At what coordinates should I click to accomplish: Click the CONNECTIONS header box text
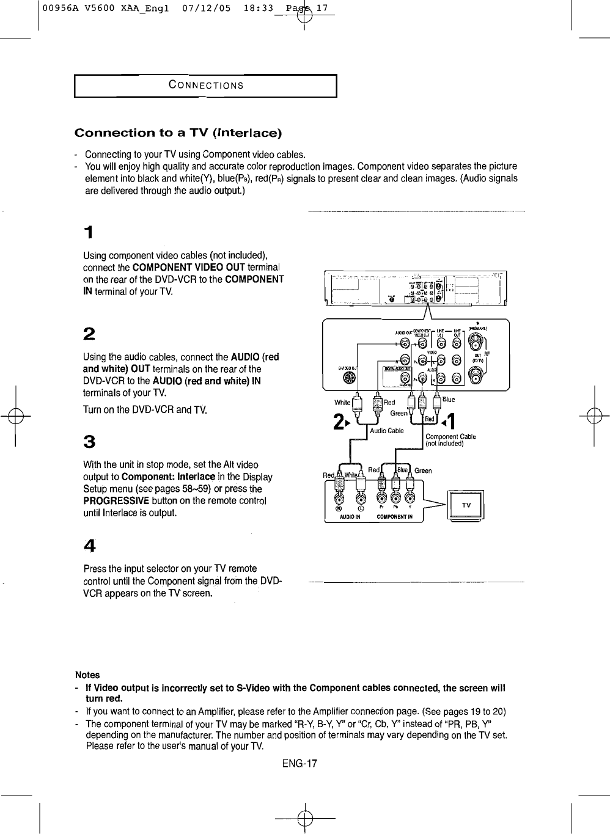coord(206,86)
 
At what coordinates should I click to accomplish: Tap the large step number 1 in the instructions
coord(89,233)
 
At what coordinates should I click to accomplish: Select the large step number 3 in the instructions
coord(89,441)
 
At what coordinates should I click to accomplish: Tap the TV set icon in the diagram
coord(466,505)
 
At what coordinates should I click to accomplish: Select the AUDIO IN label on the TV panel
coord(350,517)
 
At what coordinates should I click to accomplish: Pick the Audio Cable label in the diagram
coord(387,431)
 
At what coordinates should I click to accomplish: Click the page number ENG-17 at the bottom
coord(300,764)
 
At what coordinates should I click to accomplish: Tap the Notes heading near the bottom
coord(87,675)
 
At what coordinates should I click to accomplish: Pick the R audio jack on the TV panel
coord(339,497)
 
